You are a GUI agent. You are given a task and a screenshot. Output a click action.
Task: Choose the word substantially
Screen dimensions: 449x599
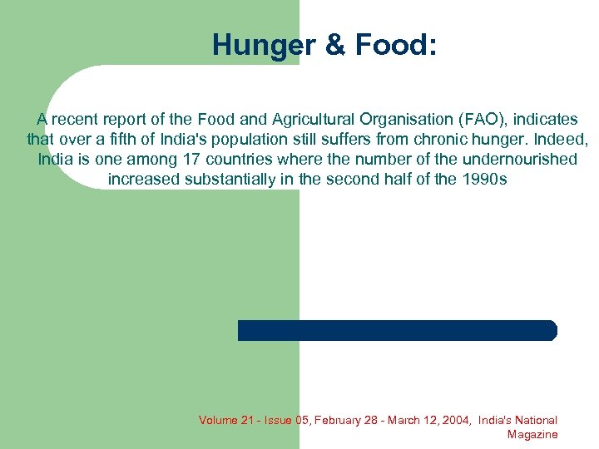click(x=218, y=179)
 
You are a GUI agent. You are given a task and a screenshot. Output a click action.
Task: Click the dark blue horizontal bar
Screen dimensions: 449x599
click(x=397, y=330)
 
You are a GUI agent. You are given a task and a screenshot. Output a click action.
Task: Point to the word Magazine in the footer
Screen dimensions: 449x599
click(x=532, y=435)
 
